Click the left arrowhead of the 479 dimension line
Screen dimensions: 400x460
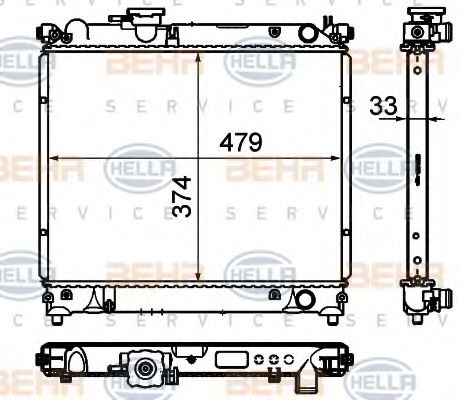(54, 158)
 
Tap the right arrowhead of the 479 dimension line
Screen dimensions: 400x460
(341, 158)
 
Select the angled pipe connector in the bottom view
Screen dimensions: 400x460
(306, 376)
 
